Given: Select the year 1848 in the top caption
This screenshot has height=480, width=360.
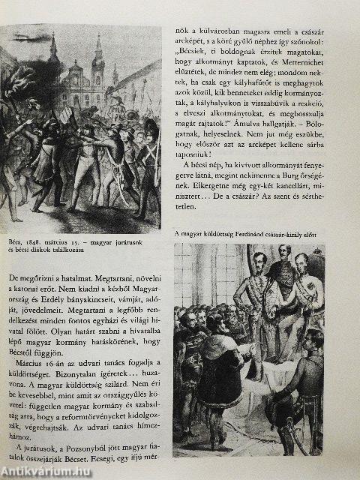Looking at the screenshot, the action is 44,243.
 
